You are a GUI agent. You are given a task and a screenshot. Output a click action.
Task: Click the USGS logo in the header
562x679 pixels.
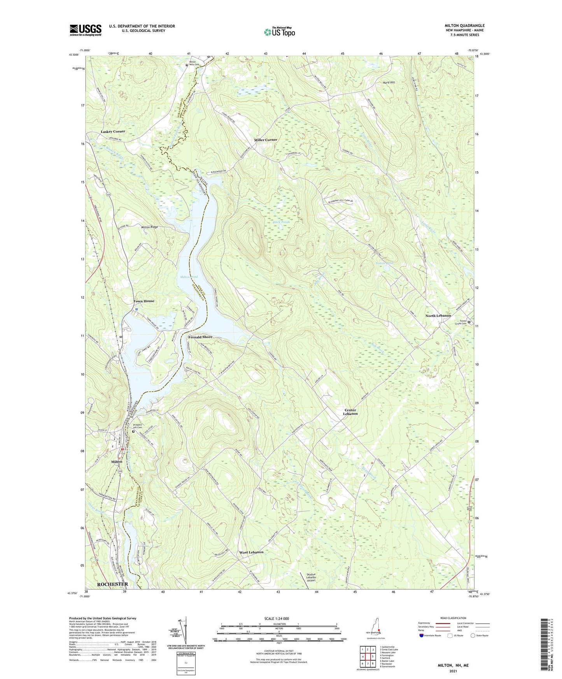pyautogui.click(x=85, y=30)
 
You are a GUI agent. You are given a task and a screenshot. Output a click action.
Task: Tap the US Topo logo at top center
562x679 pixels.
pyautogui.click(x=279, y=32)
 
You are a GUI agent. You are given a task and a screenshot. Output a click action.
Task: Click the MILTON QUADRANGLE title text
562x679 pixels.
pyautogui.click(x=464, y=26)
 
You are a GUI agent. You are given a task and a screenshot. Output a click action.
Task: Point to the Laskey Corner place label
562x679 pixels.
pyautogui.click(x=113, y=131)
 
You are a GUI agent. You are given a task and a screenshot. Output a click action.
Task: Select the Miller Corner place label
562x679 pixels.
pyautogui.click(x=266, y=140)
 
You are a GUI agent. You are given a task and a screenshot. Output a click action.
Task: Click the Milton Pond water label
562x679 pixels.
pyautogui.click(x=189, y=277)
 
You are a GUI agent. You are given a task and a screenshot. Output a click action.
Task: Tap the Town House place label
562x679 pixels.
pyautogui.click(x=144, y=301)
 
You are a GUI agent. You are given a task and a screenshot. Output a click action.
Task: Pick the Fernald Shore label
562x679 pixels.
pyautogui.click(x=200, y=337)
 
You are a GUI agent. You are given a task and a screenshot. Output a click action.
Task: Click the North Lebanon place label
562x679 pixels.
pyautogui.click(x=438, y=316)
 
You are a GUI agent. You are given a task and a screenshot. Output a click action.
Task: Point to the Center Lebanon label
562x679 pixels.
pyautogui.click(x=350, y=412)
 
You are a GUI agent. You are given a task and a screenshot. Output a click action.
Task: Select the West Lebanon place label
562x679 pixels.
pyautogui.click(x=251, y=552)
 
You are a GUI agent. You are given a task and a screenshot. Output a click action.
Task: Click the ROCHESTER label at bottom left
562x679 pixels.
pyautogui.click(x=112, y=584)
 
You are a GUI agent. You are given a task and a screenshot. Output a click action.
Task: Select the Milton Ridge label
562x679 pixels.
pyautogui.click(x=149, y=227)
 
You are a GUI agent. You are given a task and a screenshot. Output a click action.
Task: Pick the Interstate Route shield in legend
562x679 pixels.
pyautogui.click(x=422, y=635)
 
